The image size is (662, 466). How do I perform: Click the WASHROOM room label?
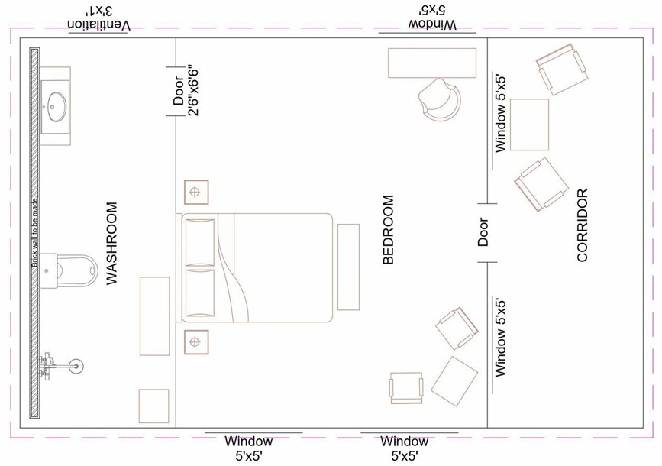pos(112,244)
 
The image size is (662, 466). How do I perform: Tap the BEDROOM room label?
pos(389,230)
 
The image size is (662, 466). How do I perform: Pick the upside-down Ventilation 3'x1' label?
pos(99,19)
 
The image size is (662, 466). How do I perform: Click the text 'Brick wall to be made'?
pos(34,233)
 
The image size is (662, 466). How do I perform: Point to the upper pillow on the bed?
pos(200,242)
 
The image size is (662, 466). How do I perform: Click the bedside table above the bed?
pos(196,192)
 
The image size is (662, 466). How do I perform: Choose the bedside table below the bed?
pos(195,341)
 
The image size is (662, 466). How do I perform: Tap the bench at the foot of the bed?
pos(348,267)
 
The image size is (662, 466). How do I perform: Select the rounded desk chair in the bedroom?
pos(440,99)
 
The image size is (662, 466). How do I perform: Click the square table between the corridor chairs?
pos(529,125)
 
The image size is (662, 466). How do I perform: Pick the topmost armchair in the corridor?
pos(561,69)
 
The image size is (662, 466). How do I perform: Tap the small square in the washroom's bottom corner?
pos(153,406)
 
